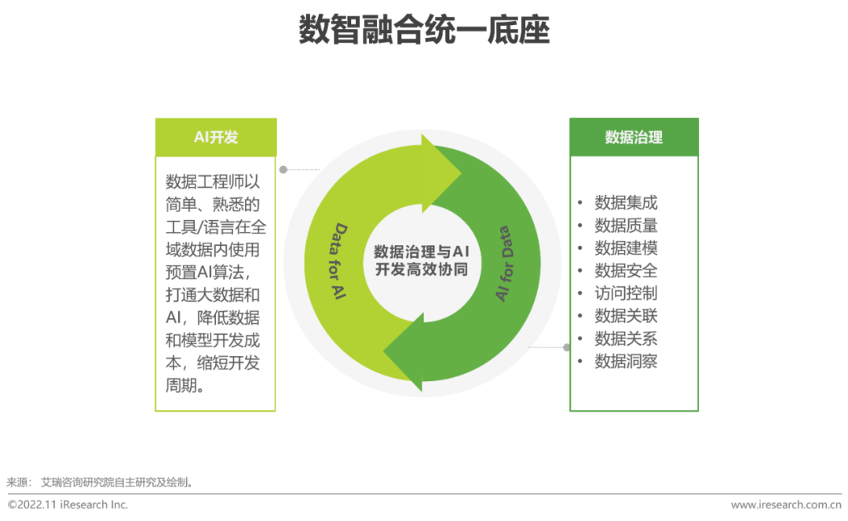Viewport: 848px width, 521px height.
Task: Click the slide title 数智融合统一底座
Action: [424, 31]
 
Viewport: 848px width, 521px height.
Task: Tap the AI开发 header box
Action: [216, 137]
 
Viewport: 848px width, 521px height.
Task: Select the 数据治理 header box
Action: [634, 137]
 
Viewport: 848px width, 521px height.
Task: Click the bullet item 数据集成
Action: [626, 203]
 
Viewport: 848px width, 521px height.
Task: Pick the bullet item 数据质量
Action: [626, 226]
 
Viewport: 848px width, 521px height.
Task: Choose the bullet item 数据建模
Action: [626, 248]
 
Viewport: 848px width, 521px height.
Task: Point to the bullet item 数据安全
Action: [626, 271]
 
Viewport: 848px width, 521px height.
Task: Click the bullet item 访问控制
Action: [626, 293]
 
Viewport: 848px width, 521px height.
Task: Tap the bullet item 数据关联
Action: [626, 316]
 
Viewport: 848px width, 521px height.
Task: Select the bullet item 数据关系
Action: [626, 339]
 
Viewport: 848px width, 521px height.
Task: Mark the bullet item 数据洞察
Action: [626, 361]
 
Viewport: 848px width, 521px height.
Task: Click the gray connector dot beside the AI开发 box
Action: [283, 169]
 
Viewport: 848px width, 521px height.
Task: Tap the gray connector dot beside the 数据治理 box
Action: [566, 347]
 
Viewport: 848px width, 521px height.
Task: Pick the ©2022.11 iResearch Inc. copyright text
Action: [68, 504]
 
